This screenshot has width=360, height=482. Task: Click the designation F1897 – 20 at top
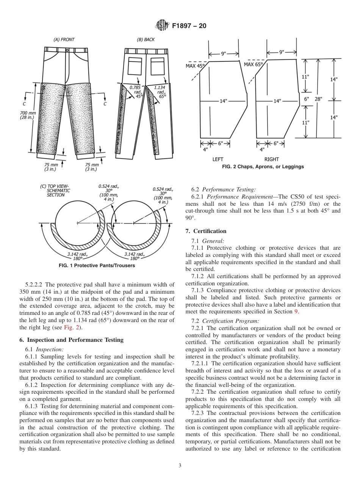(189, 26)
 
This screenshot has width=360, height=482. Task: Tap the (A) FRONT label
(64, 39)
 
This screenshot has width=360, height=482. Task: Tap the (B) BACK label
(146, 39)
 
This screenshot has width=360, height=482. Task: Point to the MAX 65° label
(253, 64)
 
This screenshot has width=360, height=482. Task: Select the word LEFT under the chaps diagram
(218, 160)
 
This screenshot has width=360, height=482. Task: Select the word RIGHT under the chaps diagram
(272, 160)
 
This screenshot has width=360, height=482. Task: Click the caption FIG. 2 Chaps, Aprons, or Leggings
(263, 167)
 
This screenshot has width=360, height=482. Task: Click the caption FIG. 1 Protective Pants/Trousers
(97, 266)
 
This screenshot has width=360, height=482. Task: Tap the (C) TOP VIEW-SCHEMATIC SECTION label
(55, 190)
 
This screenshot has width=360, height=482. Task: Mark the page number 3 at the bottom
(180, 466)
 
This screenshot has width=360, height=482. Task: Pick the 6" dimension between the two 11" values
(306, 99)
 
